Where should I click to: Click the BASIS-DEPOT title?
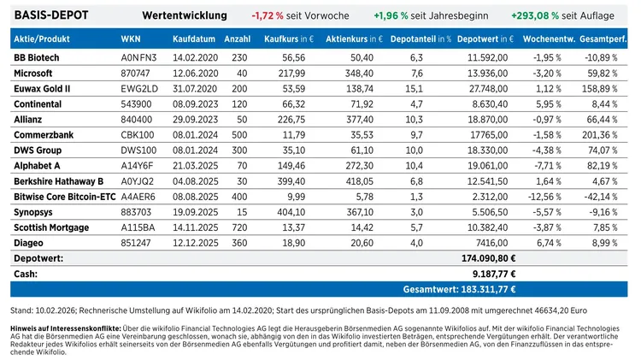pos(52,15)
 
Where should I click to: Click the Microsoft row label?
pos(34,74)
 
